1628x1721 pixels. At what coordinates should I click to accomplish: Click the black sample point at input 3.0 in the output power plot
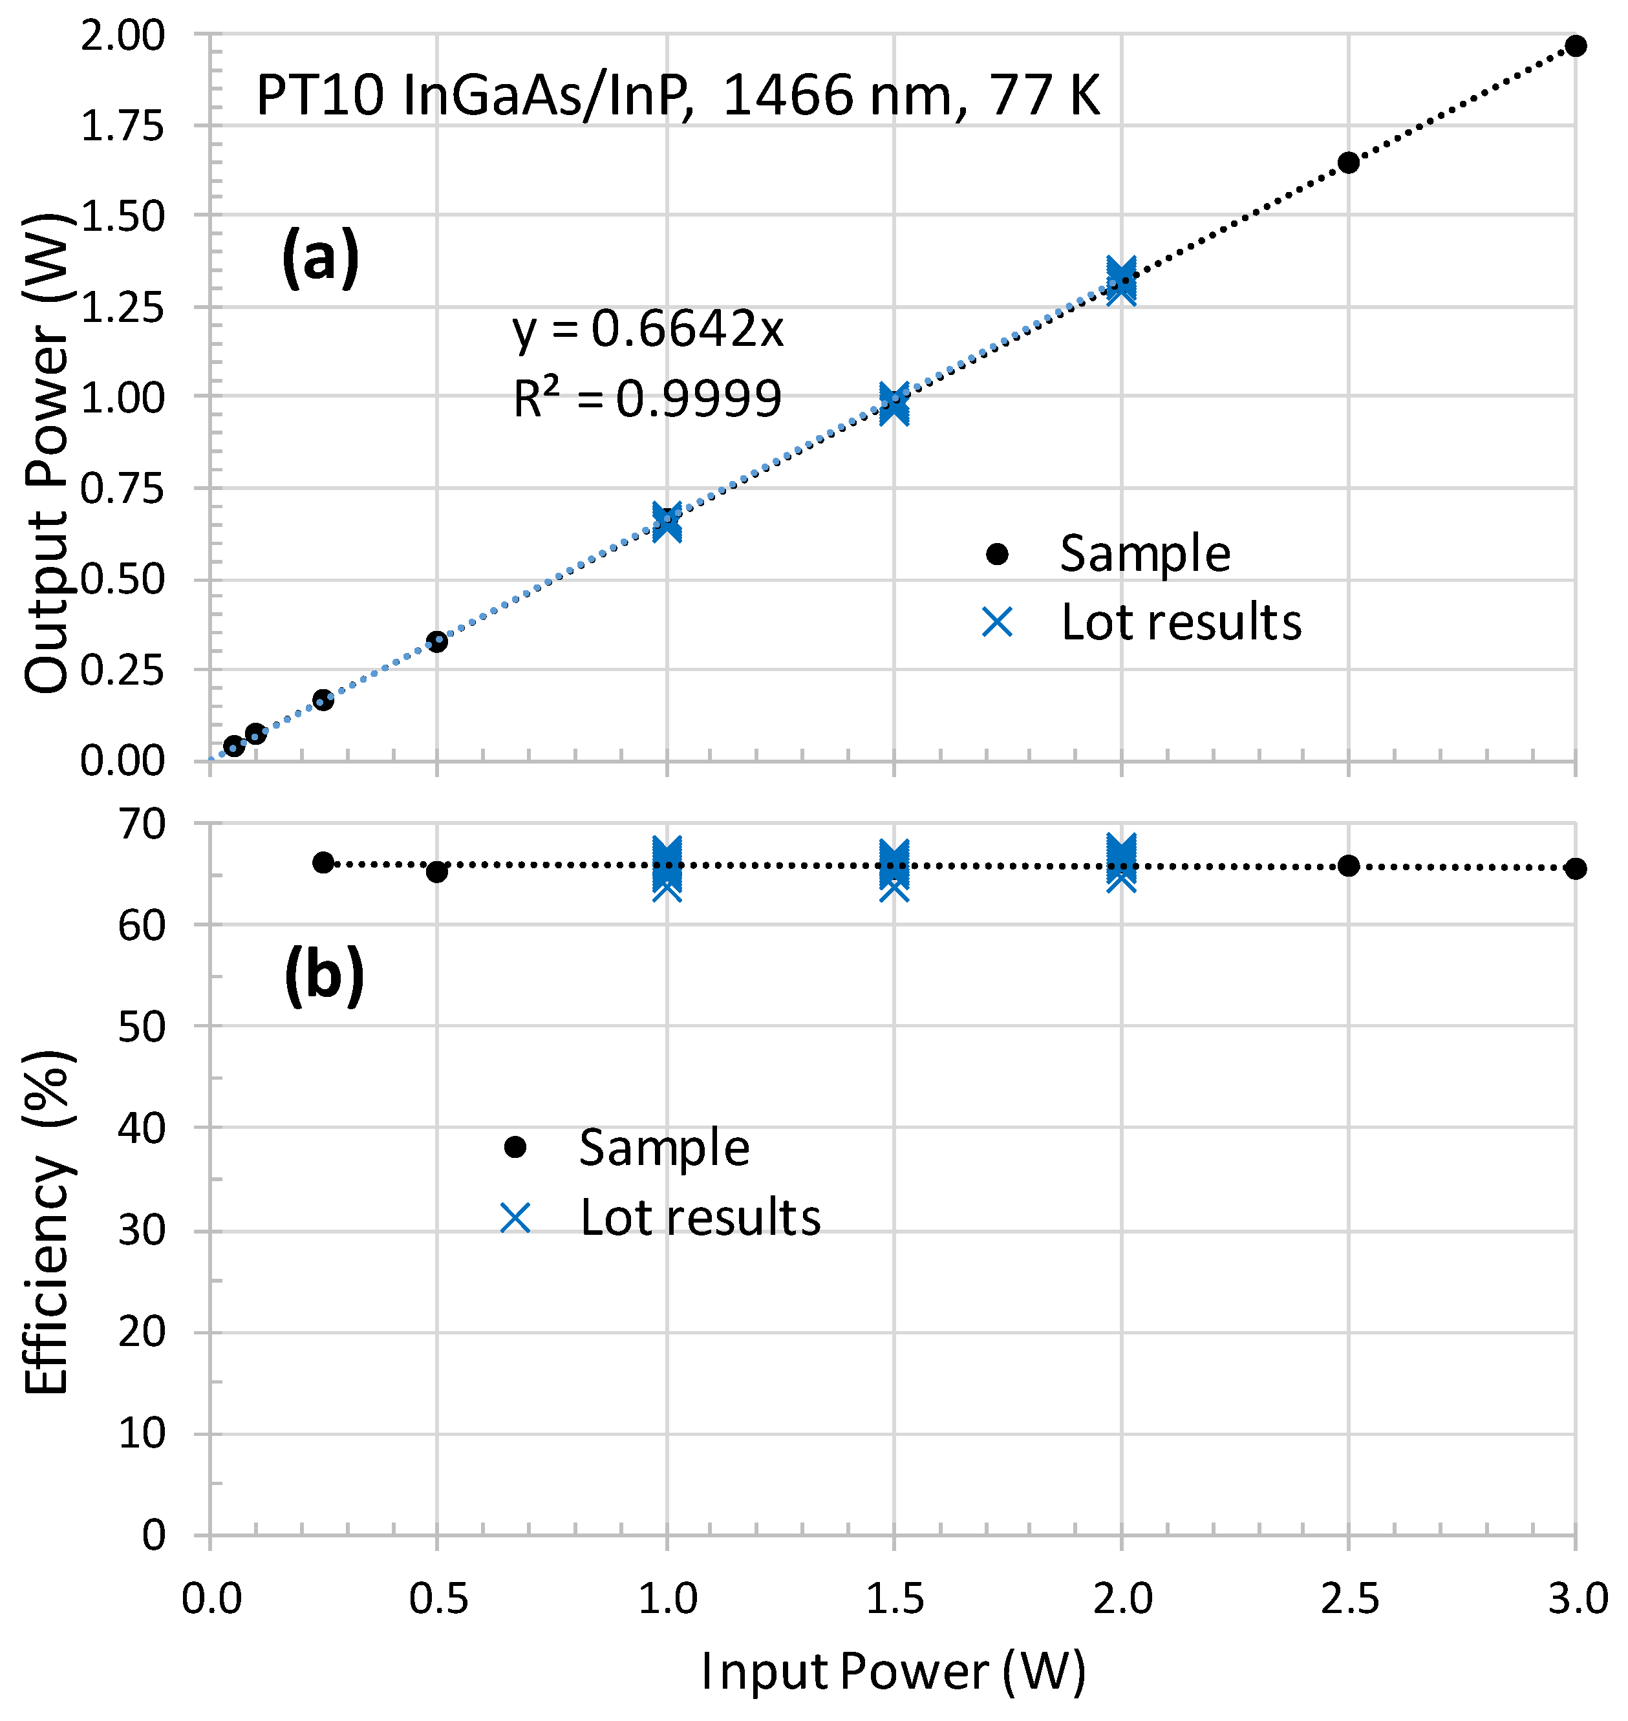tap(1576, 46)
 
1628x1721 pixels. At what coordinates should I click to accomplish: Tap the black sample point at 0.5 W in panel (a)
tap(436, 642)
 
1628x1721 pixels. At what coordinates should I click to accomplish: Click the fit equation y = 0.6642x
tap(647, 330)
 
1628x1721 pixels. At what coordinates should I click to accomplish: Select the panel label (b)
tap(324, 976)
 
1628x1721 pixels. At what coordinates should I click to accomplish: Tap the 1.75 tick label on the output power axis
tap(122, 127)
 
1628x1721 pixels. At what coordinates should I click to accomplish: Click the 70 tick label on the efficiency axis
tap(142, 824)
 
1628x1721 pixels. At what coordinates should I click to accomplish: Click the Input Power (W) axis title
tap(893, 1671)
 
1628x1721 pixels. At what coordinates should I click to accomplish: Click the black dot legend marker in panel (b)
tap(515, 1148)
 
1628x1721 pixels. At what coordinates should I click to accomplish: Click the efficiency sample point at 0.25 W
tap(323, 862)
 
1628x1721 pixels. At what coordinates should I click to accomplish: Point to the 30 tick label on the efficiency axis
tap(142, 1231)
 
